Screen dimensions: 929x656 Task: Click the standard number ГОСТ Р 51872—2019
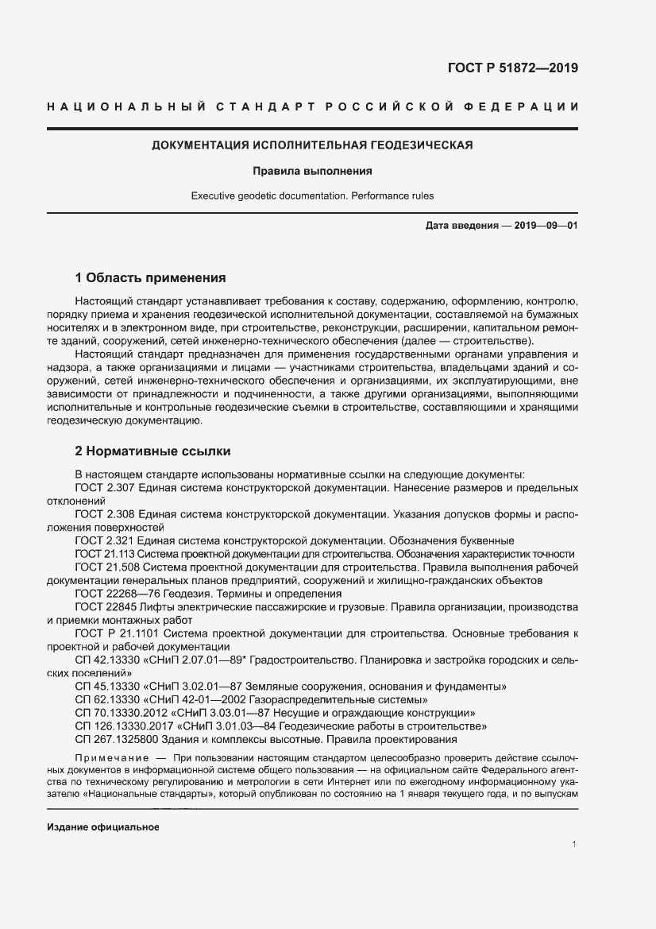(x=511, y=68)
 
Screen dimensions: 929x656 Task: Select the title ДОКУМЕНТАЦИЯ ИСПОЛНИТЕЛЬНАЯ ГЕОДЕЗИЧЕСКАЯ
(x=312, y=145)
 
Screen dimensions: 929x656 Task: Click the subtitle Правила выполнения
(x=312, y=170)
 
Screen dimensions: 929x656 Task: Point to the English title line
(x=312, y=195)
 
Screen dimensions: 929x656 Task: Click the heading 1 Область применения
(x=150, y=278)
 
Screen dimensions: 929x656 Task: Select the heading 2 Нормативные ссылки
(x=152, y=452)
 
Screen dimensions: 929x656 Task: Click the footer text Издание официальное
(x=103, y=827)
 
